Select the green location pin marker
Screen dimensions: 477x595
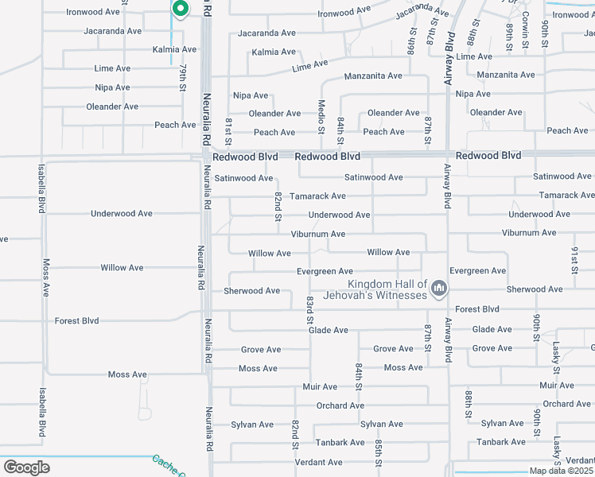pyautogui.click(x=180, y=9)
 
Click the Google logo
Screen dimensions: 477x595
pyautogui.click(x=26, y=467)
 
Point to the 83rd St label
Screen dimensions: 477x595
pyautogui.click(x=310, y=309)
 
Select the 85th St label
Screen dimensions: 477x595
pyautogui.click(x=378, y=451)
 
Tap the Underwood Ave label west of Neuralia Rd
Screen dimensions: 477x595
pyautogui.click(x=122, y=214)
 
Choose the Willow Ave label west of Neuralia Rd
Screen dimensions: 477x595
pyautogui.click(x=122, y=268)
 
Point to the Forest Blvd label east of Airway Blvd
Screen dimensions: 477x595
pyautogui.click(x=477, y=309)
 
